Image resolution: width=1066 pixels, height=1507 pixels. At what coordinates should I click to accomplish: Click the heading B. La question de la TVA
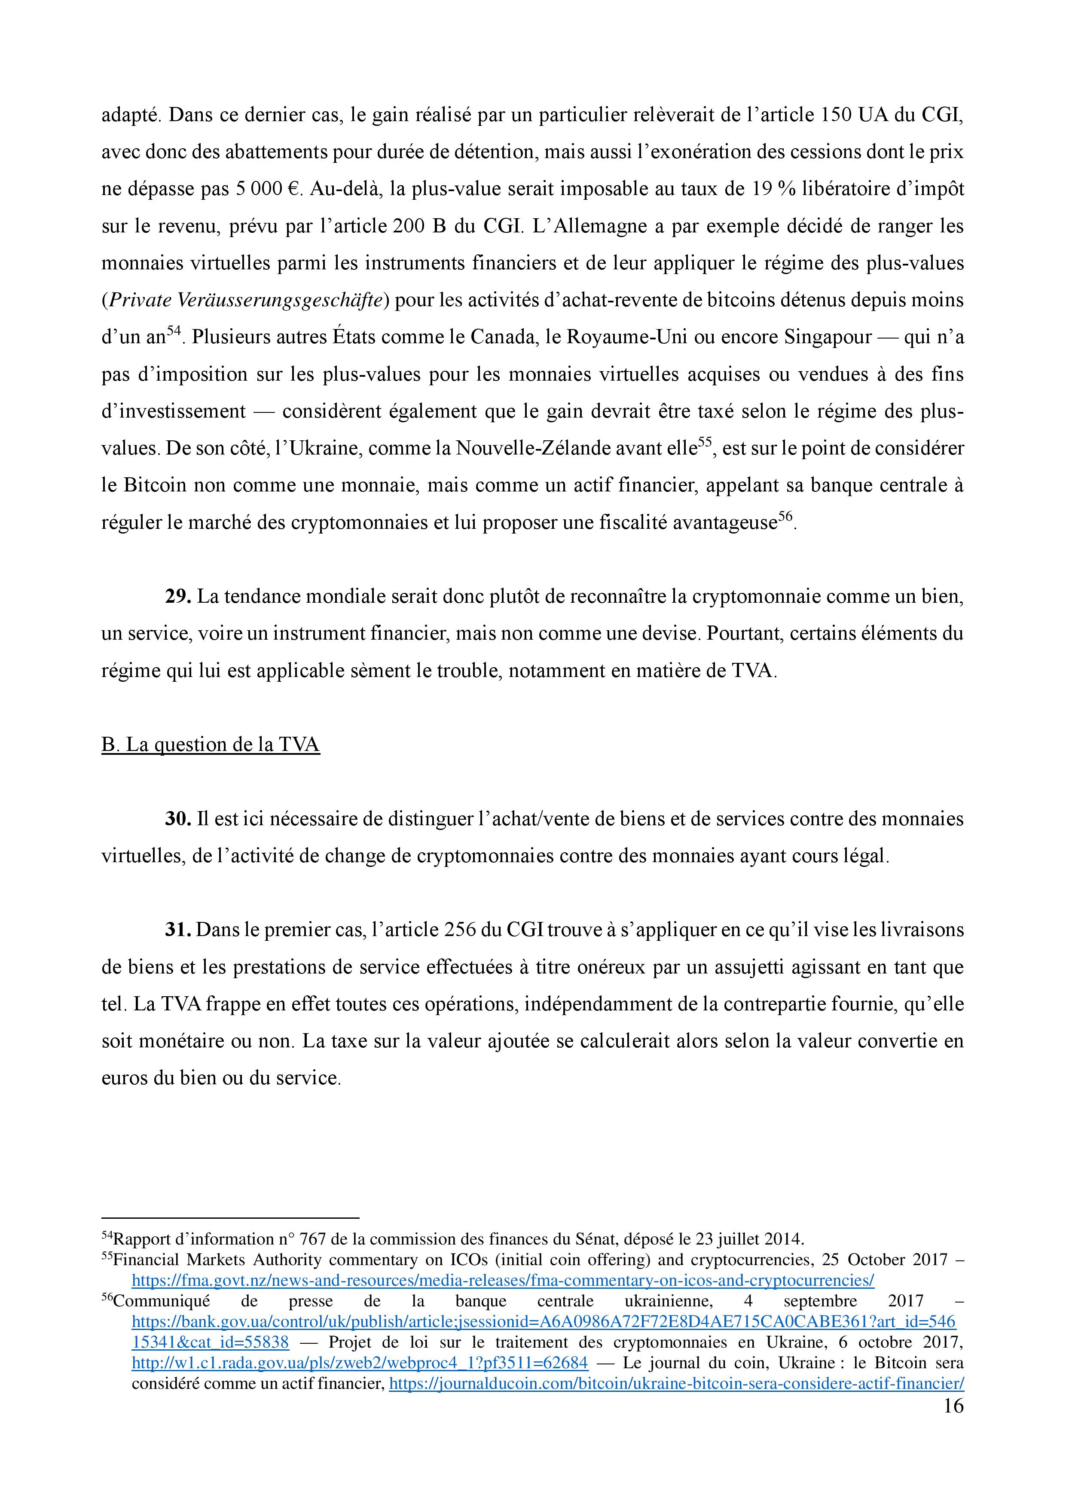tap(210, 744)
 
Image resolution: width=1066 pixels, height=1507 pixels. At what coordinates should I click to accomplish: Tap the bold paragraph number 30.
tap(177, 819)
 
